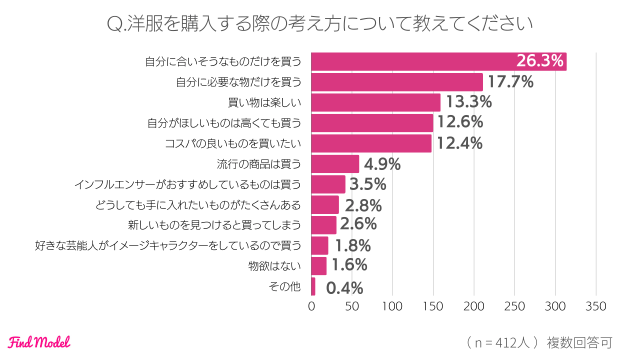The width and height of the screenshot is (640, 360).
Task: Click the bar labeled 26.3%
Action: pos(438,61)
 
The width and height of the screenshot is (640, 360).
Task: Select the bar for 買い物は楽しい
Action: pos(375,102)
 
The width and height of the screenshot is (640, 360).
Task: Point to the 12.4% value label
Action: pos(459,143)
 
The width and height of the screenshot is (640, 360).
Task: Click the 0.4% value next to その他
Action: pos(344,288)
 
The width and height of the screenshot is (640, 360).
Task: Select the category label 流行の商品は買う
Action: pos(259,164)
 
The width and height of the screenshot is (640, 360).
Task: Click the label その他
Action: pos(285,287)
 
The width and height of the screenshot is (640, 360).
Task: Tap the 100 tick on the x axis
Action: pos(392,306)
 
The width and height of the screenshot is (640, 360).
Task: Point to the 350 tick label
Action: pos(595,306)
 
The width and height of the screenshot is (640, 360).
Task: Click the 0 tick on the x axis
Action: pos(311,306)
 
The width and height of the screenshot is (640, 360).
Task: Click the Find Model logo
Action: pos(39,342)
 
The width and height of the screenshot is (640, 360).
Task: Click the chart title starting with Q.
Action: pos(320,23)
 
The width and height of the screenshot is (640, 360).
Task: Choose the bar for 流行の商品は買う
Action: pos(335,164)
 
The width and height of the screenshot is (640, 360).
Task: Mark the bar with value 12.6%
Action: pos(372,123)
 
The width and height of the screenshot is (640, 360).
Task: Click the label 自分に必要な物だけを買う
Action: pos(238,82)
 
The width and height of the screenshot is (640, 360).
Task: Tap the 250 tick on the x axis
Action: pos(514,306)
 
